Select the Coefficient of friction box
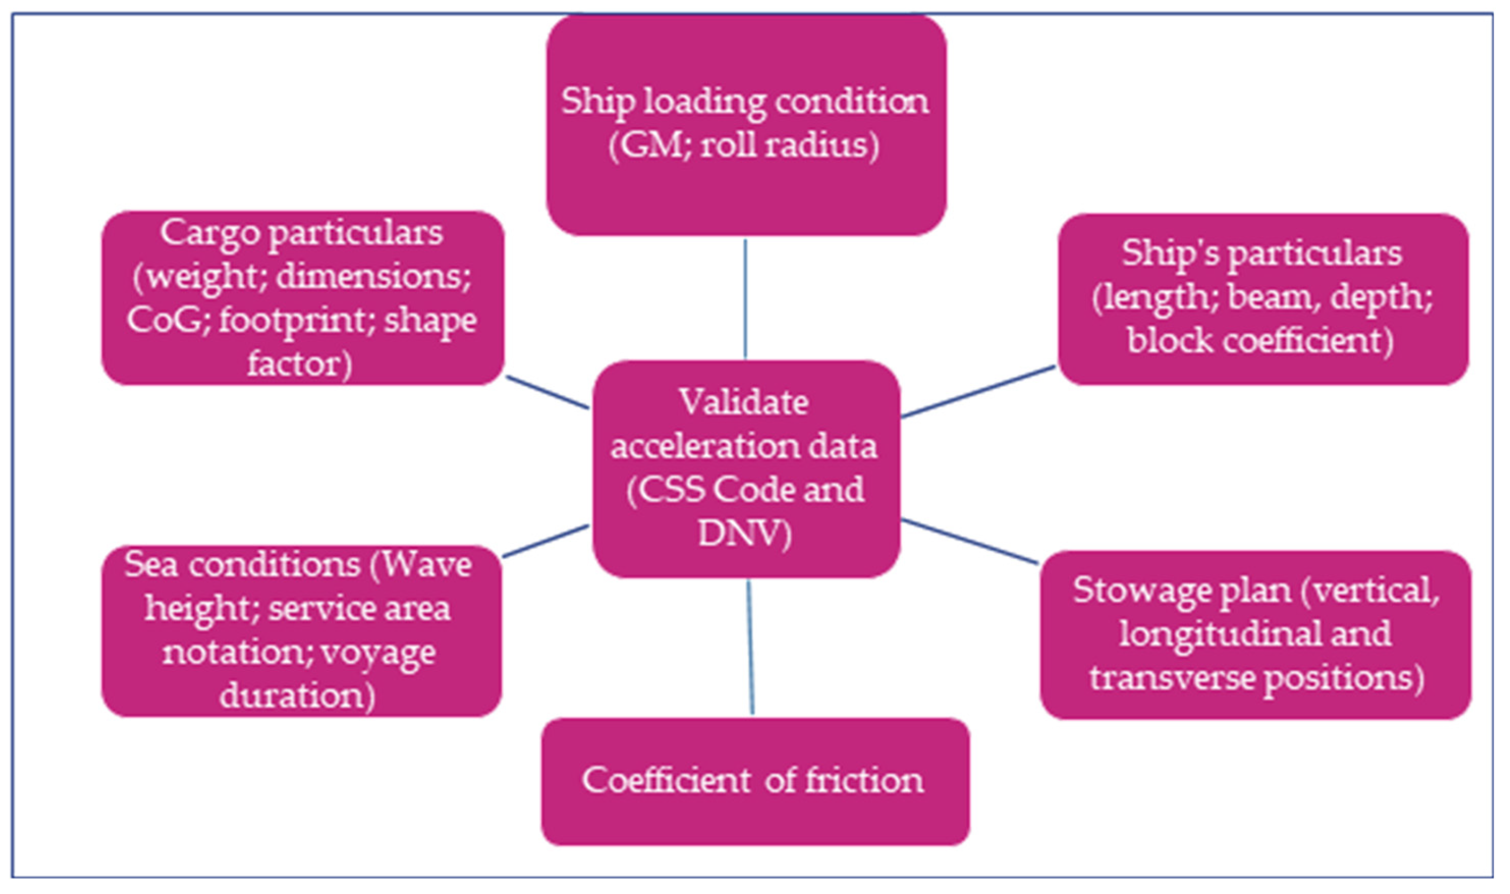tap(754, 781)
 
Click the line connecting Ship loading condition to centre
tap(745, 298)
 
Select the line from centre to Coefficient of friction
tap(751, 648)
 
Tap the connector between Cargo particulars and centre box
tap(547, 393)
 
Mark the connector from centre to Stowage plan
tap(970, 542)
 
